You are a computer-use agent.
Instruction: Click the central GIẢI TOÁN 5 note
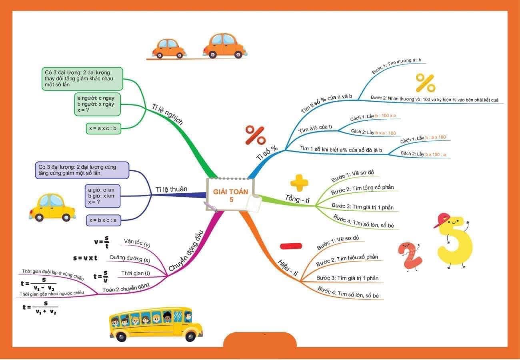(x=230, y=195)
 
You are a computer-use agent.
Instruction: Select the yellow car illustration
(x=52, y=207)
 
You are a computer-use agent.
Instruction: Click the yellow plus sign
(x=299, y=182)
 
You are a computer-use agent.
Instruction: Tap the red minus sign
(x=291, y=246)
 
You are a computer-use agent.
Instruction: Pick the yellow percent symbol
(x=425, y=83)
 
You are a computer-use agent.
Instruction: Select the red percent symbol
(x=255, y=135)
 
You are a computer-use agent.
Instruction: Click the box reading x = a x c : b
(x=103, y=128)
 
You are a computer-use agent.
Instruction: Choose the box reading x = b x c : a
(x=104, y=220)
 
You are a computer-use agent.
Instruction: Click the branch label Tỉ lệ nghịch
(x=167, y=114)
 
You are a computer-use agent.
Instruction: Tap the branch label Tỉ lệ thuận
(x=171, y=189)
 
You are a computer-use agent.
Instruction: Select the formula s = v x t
(x=85, y=258)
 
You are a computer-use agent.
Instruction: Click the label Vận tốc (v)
(x=137, y=242)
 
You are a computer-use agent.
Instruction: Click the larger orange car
(x=224, y=46)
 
